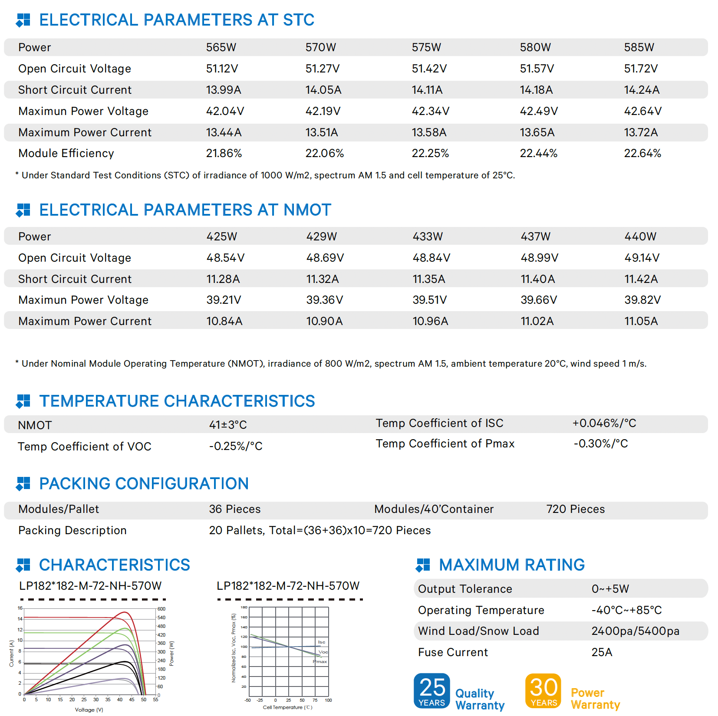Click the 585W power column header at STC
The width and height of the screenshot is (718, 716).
pos(639,47)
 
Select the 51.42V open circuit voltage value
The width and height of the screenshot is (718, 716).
pos(429,69)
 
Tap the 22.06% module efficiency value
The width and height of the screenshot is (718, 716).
pos(324,153)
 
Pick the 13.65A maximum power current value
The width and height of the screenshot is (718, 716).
pos(537,132)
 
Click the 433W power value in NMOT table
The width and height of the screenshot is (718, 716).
pos(428,236)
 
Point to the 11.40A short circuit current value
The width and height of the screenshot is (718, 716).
pos(537,279)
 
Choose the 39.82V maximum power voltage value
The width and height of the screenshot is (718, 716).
pos(642,300)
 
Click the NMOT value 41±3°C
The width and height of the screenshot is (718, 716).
pos(228,425)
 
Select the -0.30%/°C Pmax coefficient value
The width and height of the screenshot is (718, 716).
pos(601,443)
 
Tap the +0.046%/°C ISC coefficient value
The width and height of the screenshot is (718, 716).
pos(604,423)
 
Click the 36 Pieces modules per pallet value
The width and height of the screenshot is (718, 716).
pos(235,509)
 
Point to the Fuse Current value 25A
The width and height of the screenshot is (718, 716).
pos(602,652)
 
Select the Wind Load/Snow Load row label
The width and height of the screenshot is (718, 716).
pos(478,631)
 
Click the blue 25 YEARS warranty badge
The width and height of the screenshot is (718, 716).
pos(431,690)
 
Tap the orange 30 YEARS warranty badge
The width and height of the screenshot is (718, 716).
pos(543,690)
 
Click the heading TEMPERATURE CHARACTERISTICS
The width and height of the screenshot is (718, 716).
pos(177,401)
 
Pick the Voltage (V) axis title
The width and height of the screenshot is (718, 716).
pos(89,710)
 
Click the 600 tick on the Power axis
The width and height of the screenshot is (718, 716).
pos(161,609)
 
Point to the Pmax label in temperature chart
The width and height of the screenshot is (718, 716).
pos(320,662)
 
